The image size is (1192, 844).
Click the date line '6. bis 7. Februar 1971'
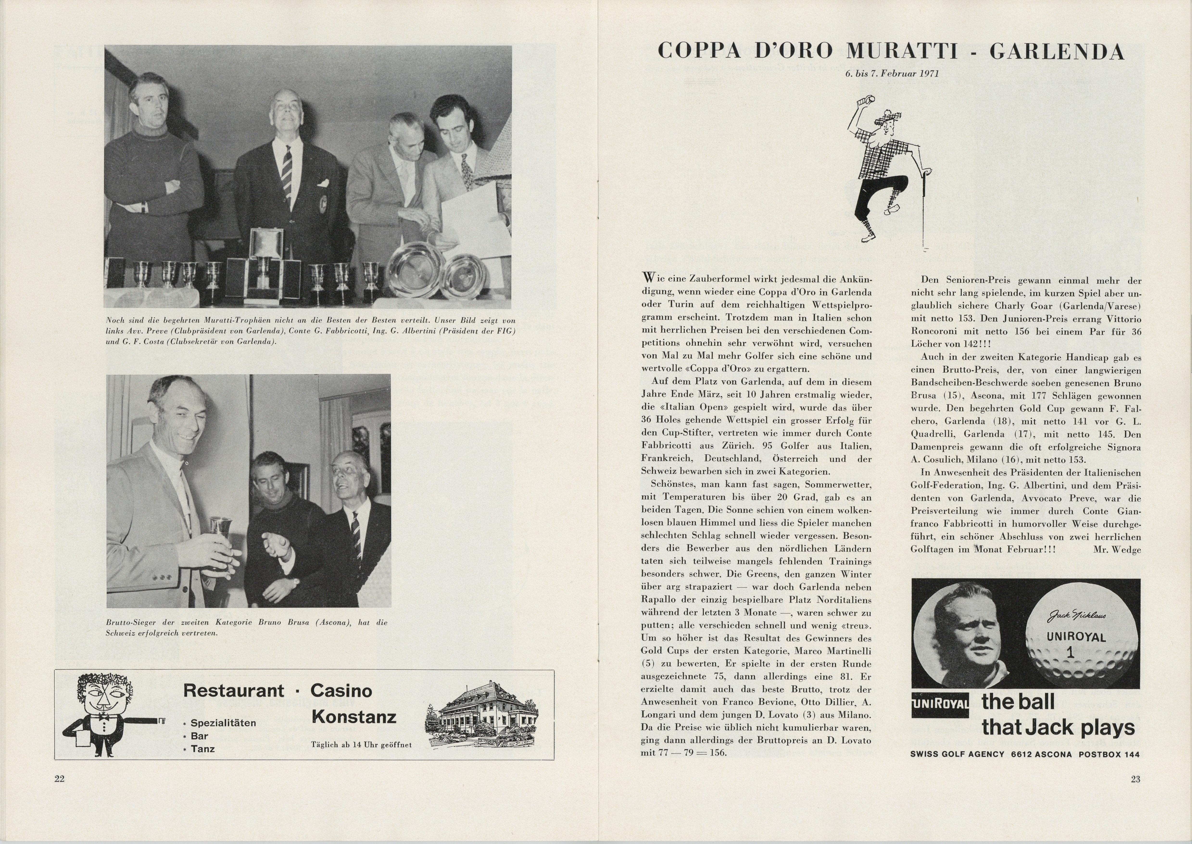click(892, 74)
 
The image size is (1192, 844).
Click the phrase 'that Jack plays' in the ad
click(1058, 728)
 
